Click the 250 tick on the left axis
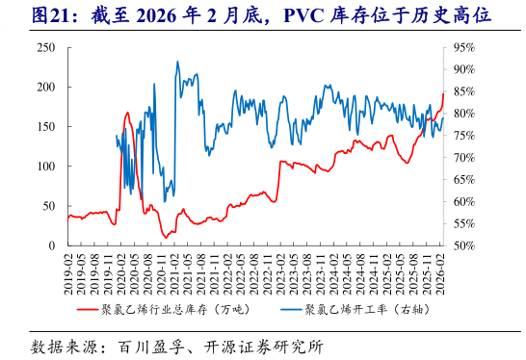tap(46, 47)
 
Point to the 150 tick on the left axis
tap(46, 126)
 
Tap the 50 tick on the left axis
tap(49, 206)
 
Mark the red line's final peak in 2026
tap(443, 93)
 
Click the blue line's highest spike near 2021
tap(177, 62)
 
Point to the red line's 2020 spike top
tap(127, 113)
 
